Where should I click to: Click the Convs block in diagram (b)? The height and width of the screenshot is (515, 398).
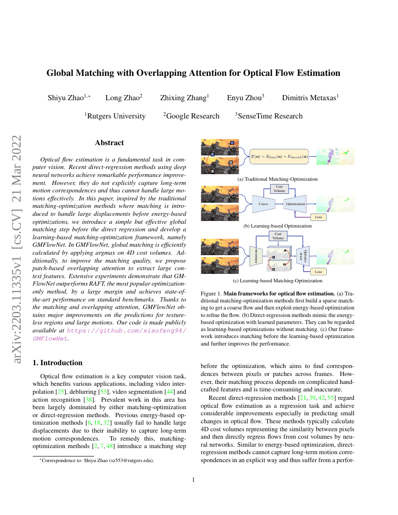[263, 204]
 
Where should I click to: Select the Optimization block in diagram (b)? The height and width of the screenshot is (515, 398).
[295, 204]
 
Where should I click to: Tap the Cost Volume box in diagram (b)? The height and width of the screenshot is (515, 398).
[279, 189]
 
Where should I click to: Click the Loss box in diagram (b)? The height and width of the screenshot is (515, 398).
[319, 217]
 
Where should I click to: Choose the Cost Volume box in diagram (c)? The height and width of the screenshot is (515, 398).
[278, 235]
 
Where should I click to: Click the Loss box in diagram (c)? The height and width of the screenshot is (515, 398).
[318, 272]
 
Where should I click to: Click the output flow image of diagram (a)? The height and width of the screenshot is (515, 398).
[335, 156]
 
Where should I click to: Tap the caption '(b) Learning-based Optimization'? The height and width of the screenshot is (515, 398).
[278, 226]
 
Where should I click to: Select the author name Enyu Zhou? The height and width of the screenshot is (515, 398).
[245, 98]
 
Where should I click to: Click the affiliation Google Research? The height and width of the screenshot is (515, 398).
[192, 116]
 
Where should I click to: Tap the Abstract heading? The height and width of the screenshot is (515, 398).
[109, 143]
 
